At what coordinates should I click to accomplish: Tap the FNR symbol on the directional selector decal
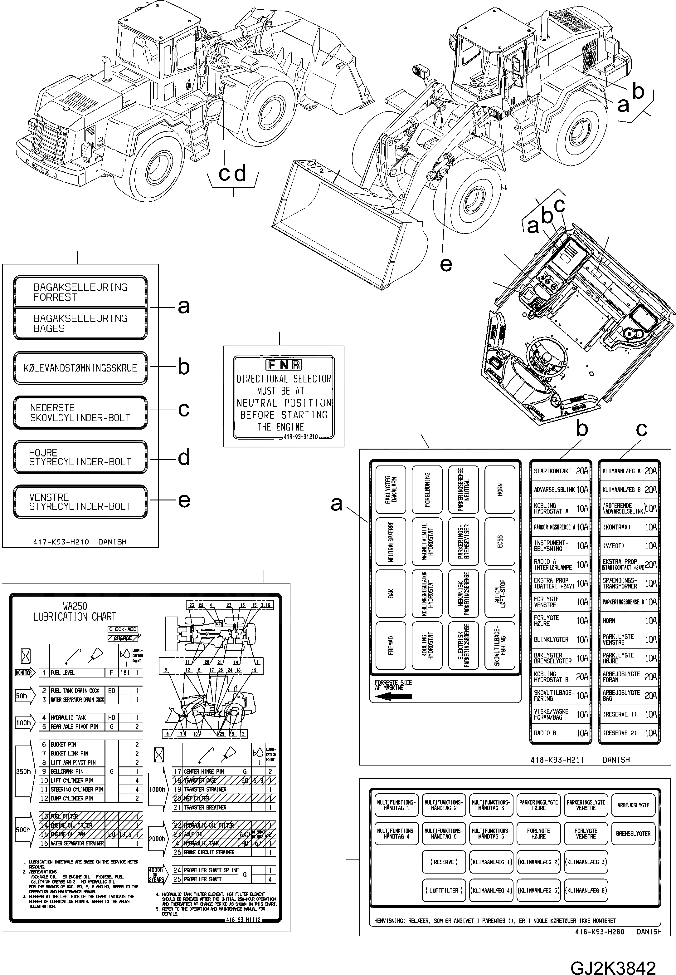pyautogui.click(x=283, y=365)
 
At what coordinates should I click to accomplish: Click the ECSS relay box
pyautogui.click(x=500, y=541)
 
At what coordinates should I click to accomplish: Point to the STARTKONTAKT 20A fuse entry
pyautogui.click(x=560, y=471)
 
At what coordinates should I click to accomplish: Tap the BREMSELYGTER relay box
pyautogui.click(x=633, y=833)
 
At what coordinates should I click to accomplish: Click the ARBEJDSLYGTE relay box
pyautogui.click(x=633, y=805)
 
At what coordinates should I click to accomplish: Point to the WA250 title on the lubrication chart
pyautogui.click(x=75, y=606)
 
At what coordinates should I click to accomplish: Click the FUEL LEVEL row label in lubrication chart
pyautogui.click(x=63, y=673)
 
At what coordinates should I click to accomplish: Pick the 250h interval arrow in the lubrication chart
pyautogui.click(x=23, y=771)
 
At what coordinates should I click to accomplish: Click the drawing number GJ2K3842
pyautogui.click(x=613, y=957)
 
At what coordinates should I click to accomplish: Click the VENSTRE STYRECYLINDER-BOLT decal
pyautogui.click(x=80, y=502)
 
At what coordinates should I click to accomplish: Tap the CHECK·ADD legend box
pyautogui.click(x=123, y=629)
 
